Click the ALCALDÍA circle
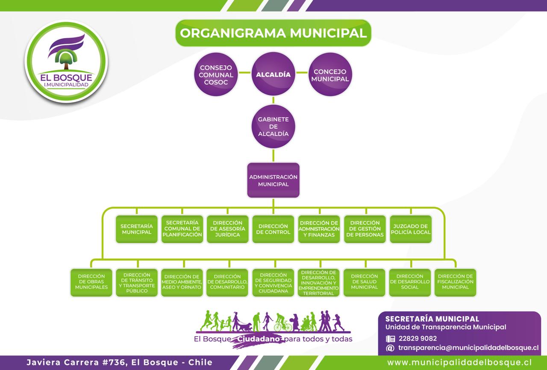[273, 74]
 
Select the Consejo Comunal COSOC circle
[216, 74]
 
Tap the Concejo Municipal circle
[330, 74]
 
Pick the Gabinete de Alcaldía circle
[273, 127]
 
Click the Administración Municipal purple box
[273, 180]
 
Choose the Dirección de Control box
[273, 229]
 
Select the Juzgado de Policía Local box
[411, 229]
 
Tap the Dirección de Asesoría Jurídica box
[227, 229]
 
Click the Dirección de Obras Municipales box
[91, 282]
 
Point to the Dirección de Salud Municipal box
[365, 282]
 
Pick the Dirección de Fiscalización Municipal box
[456, 282]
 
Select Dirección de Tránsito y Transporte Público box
[137, 282]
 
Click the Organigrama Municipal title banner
[273, 33]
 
